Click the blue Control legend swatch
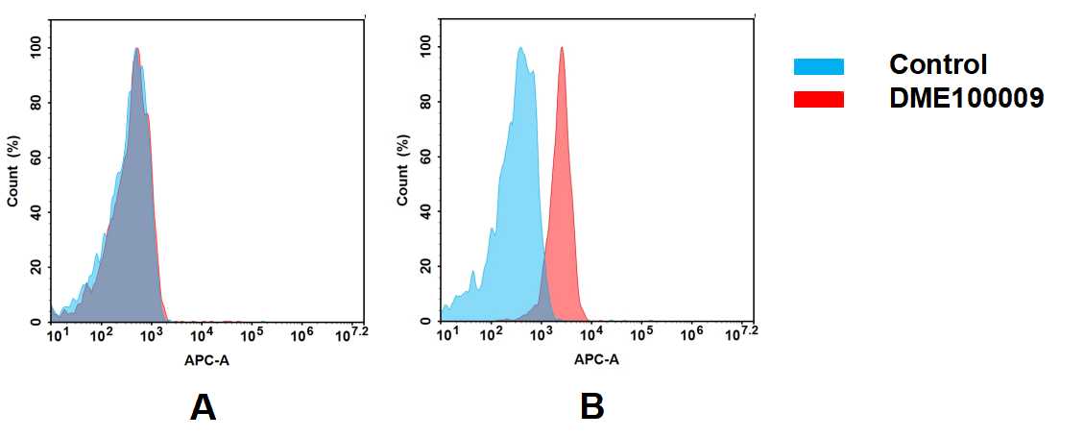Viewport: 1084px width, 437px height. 818,66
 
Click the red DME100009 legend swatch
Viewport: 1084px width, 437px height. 818,99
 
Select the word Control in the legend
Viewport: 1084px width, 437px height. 937,65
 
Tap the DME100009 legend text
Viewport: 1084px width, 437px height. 966,98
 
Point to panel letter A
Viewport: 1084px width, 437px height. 203,408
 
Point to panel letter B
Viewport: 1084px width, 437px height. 592,408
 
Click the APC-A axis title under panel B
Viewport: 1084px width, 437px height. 596,361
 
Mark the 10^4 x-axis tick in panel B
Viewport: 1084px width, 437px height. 592,334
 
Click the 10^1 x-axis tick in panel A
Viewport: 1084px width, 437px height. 57,334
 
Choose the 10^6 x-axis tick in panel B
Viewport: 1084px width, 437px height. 691,334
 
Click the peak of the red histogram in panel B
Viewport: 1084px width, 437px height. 562,48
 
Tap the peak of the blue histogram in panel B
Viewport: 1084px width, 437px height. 520,48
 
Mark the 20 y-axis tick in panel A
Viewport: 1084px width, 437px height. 36,267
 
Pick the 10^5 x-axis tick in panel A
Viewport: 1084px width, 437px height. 252,334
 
